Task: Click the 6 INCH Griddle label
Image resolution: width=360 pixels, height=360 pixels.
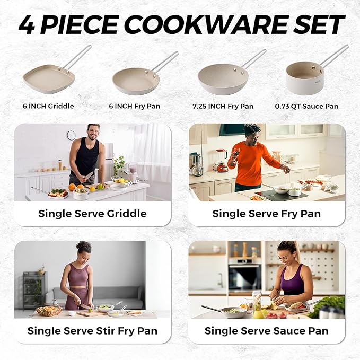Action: pos(48,106)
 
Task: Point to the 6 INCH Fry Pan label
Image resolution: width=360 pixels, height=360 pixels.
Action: pos(135,106)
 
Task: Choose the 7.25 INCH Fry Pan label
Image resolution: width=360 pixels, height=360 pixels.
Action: pos(223,106)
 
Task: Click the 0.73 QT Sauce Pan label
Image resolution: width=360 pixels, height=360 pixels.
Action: pos(306,106)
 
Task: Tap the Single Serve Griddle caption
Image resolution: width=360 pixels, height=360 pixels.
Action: pos(92,214)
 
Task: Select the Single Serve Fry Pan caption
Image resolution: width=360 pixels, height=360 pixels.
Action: pos(266,214)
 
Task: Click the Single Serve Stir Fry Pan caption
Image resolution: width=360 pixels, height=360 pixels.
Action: pos(92,330)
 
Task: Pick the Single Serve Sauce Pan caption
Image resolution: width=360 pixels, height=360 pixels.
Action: pos(266,330)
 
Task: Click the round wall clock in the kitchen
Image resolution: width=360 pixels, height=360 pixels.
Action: pos(71,135)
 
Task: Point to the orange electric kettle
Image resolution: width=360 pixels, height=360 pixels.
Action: pos(221,161)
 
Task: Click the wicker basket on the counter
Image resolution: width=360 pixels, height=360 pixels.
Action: pos(48,311)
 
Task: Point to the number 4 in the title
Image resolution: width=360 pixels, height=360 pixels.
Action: pos(28,25)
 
